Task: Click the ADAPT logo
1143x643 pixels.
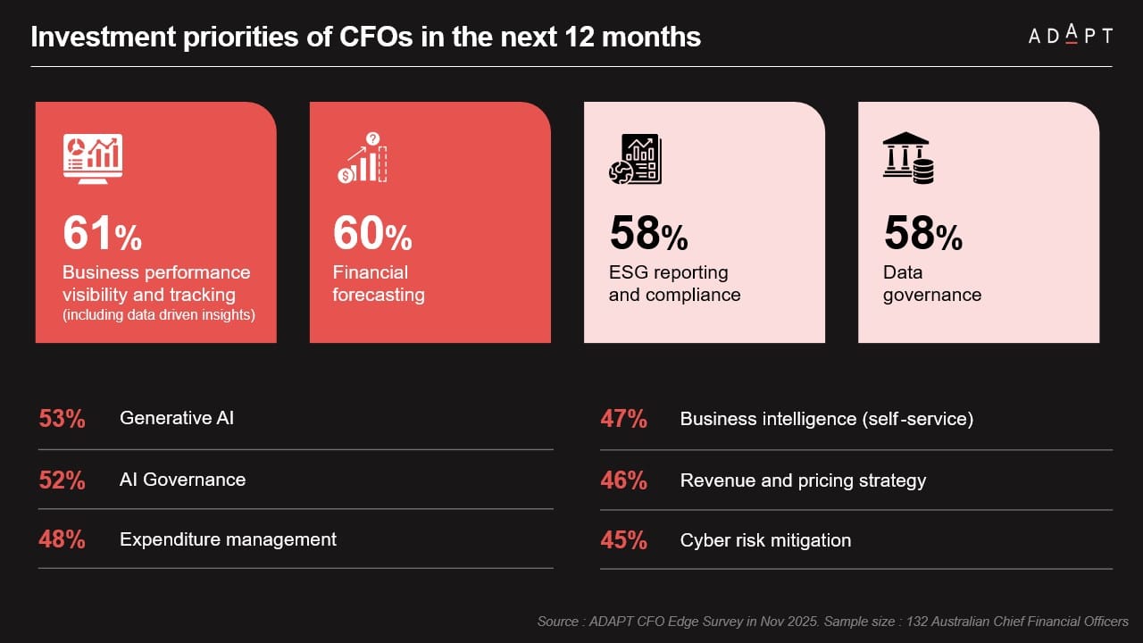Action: pos(1069,36)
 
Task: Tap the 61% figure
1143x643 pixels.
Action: pos(102,233)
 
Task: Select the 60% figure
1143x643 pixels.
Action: pos(372,233)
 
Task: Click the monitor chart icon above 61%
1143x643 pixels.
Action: pos(93,159)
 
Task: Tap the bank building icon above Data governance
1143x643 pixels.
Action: pos(907,158)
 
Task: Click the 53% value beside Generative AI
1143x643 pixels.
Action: pos(62,419)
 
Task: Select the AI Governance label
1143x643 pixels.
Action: pos(182,480)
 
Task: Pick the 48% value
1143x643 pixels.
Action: pos(62,539)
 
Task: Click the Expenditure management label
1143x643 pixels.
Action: pos(228,539)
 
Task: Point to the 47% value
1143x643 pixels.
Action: pos(623,419)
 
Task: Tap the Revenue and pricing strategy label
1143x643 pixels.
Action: pos(803,480)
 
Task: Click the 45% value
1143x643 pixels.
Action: pos(623,540)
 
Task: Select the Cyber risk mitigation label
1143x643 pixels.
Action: pos(765,540)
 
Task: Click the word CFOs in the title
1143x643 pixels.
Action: pos(313,38)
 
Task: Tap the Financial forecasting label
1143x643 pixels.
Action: pos(378,284)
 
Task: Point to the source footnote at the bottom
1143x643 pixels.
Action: pos(832,621)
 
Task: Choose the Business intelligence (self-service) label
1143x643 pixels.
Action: pos(826,419)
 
